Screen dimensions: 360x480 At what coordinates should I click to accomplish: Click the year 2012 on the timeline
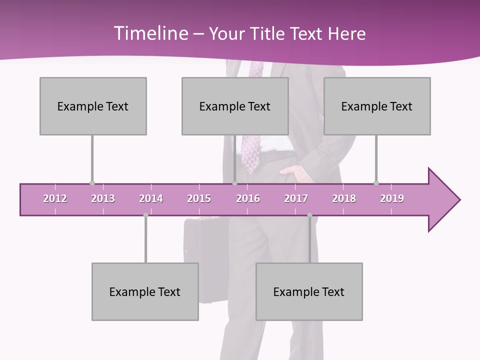(x=55, y=198)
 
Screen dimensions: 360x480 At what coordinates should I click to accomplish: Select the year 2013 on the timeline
(x=103, y=198)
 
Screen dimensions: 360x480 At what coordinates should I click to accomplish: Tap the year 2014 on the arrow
(x=151, y=198)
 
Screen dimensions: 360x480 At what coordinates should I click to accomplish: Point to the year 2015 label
(x=199, y=198)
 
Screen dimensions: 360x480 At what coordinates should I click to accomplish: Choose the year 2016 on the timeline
(x=248, y=198)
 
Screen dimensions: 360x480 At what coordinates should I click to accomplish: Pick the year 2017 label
(x=296, y=198)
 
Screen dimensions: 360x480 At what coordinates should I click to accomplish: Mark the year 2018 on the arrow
(x=344, y=198)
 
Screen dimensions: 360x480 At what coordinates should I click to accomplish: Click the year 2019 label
(x=392, y=198)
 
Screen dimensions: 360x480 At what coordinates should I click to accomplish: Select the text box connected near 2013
(x=93, y=106)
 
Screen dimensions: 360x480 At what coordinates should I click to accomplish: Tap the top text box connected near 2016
(x=235, y=106)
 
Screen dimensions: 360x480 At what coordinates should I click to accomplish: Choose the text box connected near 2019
(x=377, y=106)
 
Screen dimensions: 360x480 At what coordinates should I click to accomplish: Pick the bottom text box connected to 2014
(x=145, y=291)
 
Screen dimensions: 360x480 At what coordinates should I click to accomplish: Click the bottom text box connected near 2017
(x=309, y=291)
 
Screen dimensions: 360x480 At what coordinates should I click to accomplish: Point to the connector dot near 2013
(x=92, y=183)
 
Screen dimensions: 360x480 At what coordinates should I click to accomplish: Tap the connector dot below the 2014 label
(x=145, y=215)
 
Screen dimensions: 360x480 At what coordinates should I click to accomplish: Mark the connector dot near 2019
(x=376, y=183)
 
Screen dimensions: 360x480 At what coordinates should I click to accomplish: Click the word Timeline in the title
(x=150, y=33)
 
